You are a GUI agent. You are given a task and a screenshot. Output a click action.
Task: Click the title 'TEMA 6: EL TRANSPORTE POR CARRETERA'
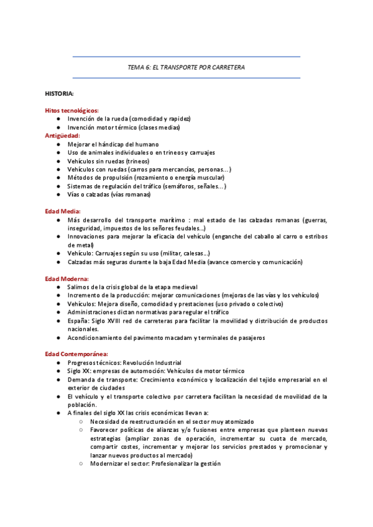coord(186,67)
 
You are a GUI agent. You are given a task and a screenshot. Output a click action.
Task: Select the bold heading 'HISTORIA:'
coord(59,93)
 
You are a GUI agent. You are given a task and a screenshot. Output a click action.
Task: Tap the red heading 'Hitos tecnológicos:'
coord(71,110)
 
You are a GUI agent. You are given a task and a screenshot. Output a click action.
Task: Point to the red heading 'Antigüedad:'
coord(62,135)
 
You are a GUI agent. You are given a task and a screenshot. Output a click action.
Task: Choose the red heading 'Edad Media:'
coord(62,211)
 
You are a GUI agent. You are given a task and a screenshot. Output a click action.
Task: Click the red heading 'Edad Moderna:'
coord(67,278)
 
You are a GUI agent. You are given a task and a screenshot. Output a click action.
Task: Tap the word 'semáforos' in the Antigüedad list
coord(175,186)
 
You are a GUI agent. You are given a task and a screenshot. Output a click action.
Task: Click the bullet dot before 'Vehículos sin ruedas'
coord(58,161)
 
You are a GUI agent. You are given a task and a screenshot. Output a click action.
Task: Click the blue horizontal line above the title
coord(186,57)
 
